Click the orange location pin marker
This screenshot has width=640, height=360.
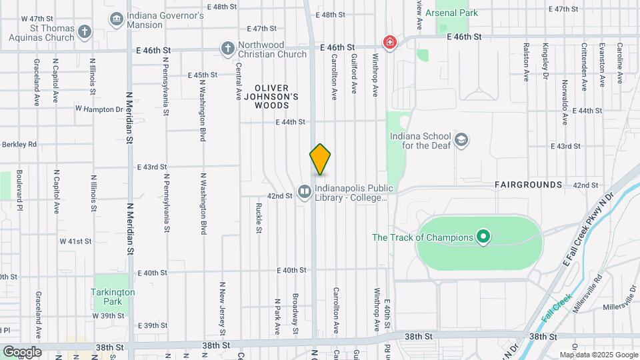320,159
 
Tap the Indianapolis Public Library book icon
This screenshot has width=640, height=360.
305,192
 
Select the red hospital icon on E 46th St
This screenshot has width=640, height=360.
389,43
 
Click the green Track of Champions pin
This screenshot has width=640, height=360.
484,237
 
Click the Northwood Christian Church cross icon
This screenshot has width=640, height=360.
227,48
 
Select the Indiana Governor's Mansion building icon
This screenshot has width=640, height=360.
117,18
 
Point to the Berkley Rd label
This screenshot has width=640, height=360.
18,143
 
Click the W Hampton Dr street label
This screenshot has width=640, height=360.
99,109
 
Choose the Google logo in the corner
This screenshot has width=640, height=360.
22,352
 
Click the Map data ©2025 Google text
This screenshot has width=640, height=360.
598,355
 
